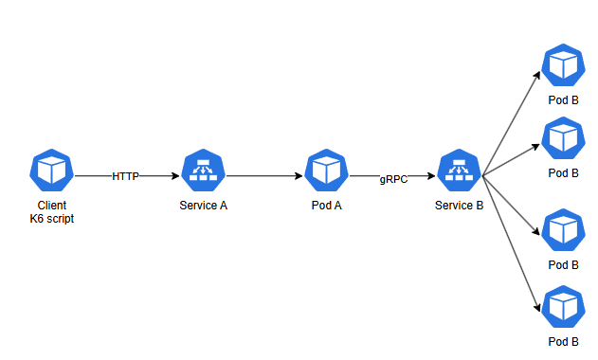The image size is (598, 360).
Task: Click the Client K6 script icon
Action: [x=51, y=171]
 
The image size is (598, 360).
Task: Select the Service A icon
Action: [x=203, y=171]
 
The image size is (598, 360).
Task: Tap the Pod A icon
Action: [x=326, y=171]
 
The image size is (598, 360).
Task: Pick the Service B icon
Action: [x=460, y=171]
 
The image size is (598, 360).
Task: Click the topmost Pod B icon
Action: [x=563, y=65]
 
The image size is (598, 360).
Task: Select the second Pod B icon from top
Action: [x=563, y=138]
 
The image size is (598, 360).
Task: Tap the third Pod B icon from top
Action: [x=563, y=230]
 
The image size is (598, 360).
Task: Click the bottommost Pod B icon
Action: [x=563, y=307]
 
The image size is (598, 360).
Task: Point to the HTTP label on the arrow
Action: [x=125, y=176]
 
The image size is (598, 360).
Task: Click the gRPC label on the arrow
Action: [x=393, y=179]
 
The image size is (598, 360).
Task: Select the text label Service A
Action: [x=203, y=206]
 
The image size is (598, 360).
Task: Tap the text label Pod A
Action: [x=326, y=206]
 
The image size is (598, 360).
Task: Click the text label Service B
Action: [x=460, y=206]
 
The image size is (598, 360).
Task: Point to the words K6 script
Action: [x=52, y=219]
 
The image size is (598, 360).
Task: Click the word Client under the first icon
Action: [x=52, y=206]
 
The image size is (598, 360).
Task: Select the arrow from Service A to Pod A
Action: [x=264, y=176]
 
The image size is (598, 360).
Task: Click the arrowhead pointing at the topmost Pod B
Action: [x=537, y=75]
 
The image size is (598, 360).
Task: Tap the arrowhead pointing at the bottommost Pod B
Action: [x=537, y=307]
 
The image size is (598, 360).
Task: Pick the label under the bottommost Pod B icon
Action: [x=563, y=342]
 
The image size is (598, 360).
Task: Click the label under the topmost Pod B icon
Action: [x=563, y=100]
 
